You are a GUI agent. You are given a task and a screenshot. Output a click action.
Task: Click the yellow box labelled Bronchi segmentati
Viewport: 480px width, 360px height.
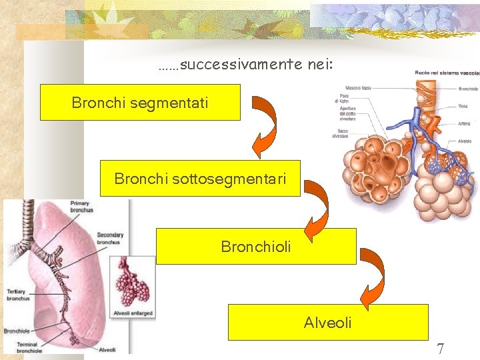click(140, 102)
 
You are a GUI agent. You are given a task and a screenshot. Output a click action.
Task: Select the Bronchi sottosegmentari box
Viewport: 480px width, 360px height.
click(200, 178)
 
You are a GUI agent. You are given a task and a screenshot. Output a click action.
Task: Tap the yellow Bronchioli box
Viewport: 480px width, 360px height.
click(256, 246)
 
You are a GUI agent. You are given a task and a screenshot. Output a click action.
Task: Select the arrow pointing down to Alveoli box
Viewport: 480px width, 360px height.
click(373, 280)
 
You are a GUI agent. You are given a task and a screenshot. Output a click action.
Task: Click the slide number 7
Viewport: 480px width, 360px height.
click(440, 348)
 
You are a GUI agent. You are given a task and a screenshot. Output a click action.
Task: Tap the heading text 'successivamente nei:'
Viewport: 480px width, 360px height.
click(246, 65)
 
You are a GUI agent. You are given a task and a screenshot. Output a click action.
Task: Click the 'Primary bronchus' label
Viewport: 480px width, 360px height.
click(81, 207)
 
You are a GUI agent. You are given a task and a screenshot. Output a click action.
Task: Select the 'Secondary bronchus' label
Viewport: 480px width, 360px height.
click(110, 239)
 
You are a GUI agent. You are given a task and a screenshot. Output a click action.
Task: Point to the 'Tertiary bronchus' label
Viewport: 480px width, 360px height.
click(18, 295)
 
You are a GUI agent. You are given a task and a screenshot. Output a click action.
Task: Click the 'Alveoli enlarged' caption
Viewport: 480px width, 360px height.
click(133, 313)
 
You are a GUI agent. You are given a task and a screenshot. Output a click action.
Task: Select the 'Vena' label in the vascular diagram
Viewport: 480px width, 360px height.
click(463, 105)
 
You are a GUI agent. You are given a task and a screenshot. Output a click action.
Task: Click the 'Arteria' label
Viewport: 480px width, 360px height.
click(465, 123)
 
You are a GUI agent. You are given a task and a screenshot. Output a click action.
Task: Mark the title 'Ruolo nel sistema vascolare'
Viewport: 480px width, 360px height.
click(445, 72)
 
